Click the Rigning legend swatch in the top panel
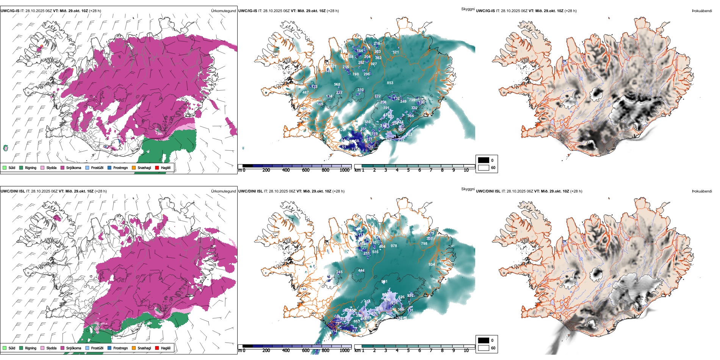click(21, 167)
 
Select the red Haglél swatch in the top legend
click(157, 167)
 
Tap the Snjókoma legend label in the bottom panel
click(74, 348)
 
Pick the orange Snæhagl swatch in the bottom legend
click(134, 348)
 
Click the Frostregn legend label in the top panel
click(120, 167)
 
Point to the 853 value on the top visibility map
click(390, 83)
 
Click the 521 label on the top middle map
click(396, 52)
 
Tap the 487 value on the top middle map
click(305, 92)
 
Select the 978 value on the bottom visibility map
click(394, 246)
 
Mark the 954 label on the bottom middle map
click(432, 264)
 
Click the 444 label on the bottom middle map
click(361, 270)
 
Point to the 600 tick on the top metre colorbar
click(305, 170)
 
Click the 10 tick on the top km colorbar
click(466, 170)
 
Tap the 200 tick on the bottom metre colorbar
click(266, 351)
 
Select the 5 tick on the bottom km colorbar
click(409, 351)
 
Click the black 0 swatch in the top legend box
click(484, 160)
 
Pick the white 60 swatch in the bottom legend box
click(484, 348)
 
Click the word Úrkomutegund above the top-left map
click(223, 11)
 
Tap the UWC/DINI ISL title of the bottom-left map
click(13, 191)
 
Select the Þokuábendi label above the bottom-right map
click(702, 191)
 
